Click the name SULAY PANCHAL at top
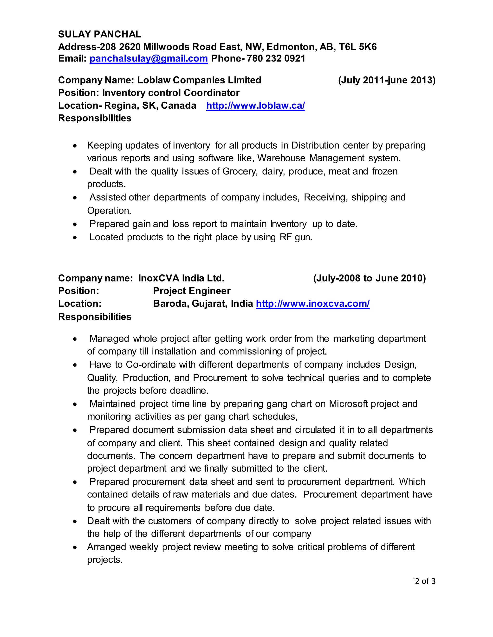100,34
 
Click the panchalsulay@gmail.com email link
149,58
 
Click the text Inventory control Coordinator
171,93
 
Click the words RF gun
296,237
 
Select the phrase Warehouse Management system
329,158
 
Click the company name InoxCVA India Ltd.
181,278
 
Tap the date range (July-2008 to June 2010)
370,278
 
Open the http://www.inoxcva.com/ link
312,304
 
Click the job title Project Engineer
192,291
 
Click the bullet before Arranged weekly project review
75,547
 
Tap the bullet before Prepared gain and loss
75,225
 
